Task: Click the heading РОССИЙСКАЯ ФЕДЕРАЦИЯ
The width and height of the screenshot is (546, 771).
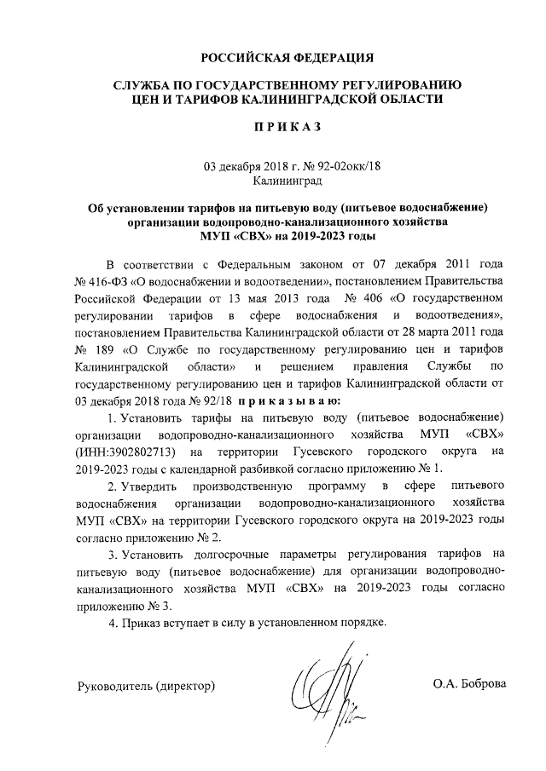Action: [x=288, y=58]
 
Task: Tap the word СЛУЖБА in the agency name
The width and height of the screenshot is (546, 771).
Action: [x=143, y=85]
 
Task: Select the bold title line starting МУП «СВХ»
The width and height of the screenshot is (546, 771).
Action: [x=288, y=236]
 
